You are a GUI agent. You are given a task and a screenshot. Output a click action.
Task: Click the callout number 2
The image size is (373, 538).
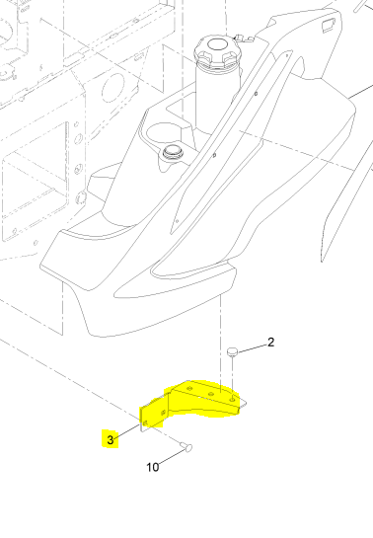click(270, 344)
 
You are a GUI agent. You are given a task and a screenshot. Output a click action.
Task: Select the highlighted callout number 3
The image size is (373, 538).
click(111, 438)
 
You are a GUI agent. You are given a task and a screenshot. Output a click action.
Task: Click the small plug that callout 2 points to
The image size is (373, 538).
click(233, 350)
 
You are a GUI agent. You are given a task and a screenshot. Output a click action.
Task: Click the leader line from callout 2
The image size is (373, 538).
click(252, 346)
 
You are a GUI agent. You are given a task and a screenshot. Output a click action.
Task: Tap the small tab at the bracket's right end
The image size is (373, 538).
click(246, 404)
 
